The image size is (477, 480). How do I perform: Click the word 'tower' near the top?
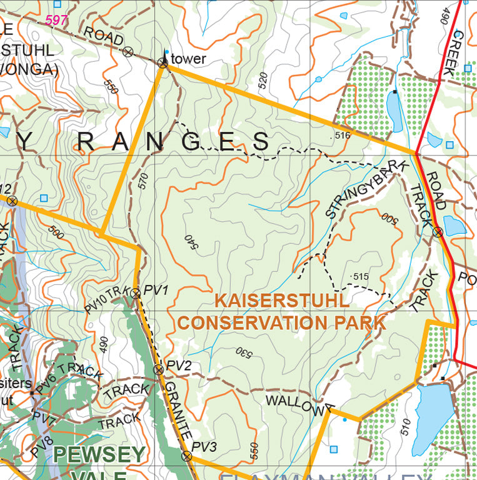click(188, 59)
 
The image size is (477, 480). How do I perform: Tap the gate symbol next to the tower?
click(163, 62)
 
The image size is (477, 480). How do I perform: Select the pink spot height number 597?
click(56, 20)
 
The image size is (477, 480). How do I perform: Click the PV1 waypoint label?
click(156, 290)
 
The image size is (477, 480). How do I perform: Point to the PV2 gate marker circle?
click(159, 370)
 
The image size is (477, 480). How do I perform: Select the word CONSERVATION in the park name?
click(253, 322)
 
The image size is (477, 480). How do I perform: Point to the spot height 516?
click(341, 135)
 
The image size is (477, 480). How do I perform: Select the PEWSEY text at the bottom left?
click(100, 454)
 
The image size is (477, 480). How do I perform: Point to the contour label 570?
click(143, 181)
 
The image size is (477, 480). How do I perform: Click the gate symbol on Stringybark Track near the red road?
click(438, 232)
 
